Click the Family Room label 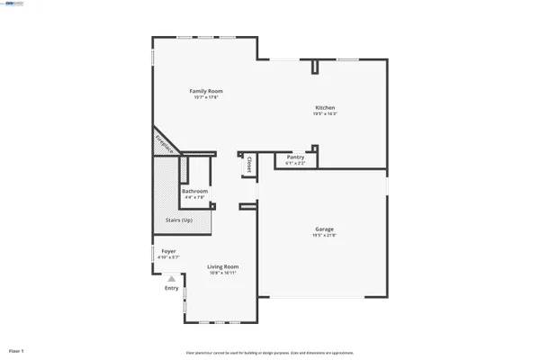click(x=205, y=91)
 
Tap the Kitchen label click(x=325, y=108)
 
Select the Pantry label click(x=295, y=157)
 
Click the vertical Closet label click(x=248, y=165)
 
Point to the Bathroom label click(x=194, y=191)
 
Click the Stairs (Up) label click(x=179, y=220)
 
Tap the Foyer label click(x=168, y=251)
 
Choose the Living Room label click(x=222, y=266)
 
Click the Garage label click(x=324, y=229)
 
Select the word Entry click(x=171, y=288)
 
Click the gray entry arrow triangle click(x=171, y=279)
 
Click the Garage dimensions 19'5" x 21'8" click(x=324, y=236)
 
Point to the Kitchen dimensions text click(x=325, y=114)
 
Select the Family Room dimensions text click(x=205, y=97)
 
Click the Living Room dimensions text click(x=222, y=273)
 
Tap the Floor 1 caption click(x=16, y=350)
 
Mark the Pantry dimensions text click(x=295, y=164)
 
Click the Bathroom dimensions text click(x=194, y=197)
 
